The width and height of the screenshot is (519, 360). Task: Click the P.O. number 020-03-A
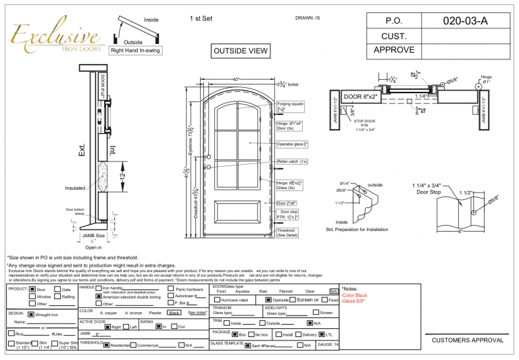click(465, 22)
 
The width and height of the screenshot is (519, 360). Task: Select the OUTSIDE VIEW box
click(239, 51)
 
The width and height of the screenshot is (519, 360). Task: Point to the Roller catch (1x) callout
click(292, 161)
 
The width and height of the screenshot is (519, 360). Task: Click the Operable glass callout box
click(293, 144)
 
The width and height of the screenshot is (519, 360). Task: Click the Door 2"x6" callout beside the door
click(291, 203)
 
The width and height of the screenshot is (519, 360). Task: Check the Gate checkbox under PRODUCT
click(56, 289)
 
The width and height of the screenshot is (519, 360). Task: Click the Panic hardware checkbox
click(170, 289)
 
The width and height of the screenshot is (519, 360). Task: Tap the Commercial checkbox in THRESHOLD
click(133, 345)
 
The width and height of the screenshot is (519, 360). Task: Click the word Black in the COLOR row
click(174, 313)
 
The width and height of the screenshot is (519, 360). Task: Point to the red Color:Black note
click(354, 295)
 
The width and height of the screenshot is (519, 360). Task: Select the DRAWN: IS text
click(307, 18)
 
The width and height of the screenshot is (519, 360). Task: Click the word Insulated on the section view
click(76, 188)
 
